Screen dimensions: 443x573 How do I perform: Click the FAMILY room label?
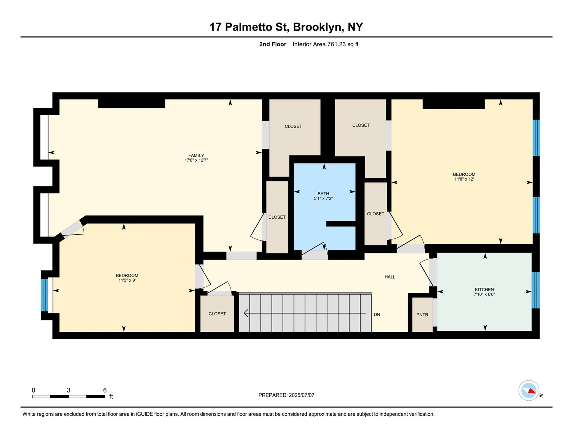(x=196, y=155)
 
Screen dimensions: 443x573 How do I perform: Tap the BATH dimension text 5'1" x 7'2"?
(x=323, y=198)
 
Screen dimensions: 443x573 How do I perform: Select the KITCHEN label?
(x=484, y=290)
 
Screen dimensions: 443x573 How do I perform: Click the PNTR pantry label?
(x=422, y=315)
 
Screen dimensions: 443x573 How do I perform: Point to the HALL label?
(x=390, y=277)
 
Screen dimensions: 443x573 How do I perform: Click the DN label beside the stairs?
(x=377, y=314)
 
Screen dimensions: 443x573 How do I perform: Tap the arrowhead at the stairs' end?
(x=246, y=313)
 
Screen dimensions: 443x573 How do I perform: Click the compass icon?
(x=529, y=391)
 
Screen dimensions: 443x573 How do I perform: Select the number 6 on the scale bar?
(x=105, y=390)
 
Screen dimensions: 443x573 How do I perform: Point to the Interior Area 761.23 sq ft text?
(x=325, y=44)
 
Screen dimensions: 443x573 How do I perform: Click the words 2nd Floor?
(x=272, y=44)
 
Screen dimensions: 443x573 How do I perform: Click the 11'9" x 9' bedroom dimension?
(x=127, y=280)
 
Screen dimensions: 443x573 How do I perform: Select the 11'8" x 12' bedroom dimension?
(x=464, y=179)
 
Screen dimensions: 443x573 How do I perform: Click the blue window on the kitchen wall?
(x=536, y=290)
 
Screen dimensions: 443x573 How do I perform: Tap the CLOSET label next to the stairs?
(x=217, y=314)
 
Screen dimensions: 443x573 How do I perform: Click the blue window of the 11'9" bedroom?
(x=44, y=295)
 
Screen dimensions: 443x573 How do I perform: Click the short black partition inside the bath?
(x=341, y=224)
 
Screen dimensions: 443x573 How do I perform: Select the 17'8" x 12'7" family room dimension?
(x=196, y=160)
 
